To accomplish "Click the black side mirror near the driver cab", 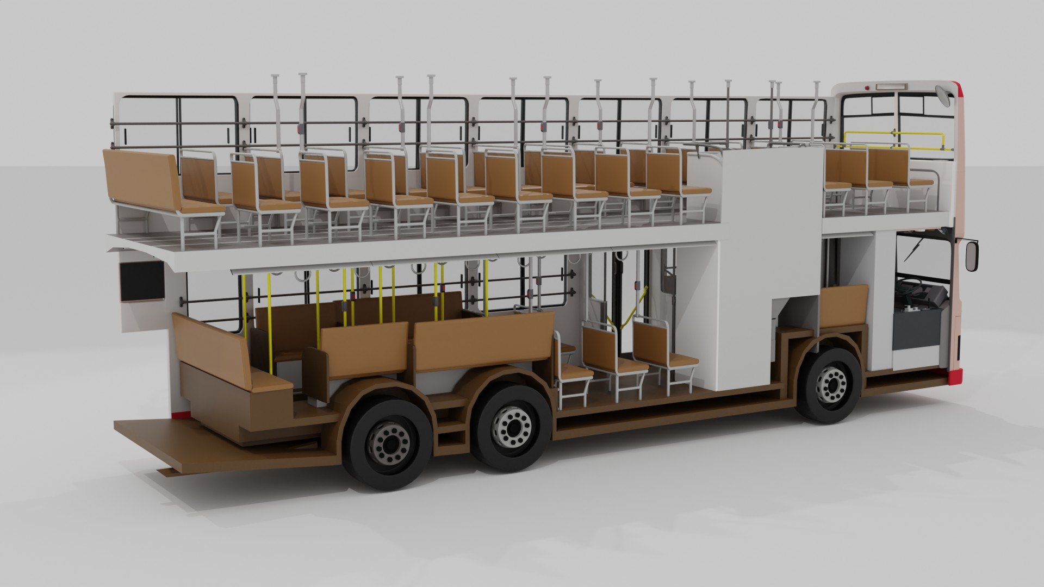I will [x=971, y=256].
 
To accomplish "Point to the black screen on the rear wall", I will [x=142, y=280].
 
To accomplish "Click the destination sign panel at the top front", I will [x=892, y=86].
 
